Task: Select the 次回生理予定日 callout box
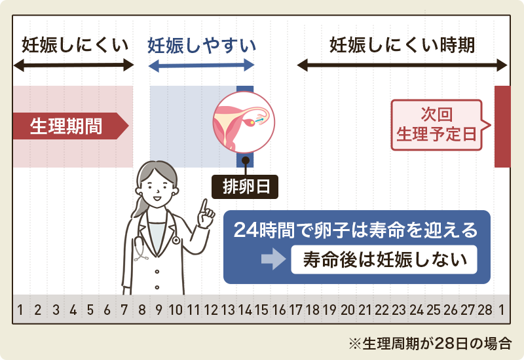click(x=437, y=125)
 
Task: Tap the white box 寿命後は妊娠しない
click(x=384, y=260)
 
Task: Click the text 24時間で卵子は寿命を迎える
click(x=356, y=230)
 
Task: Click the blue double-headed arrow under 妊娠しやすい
click(x=201, y=65)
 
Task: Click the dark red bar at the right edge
click(x=502, y=126)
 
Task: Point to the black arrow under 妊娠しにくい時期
click(x=402, y=65)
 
